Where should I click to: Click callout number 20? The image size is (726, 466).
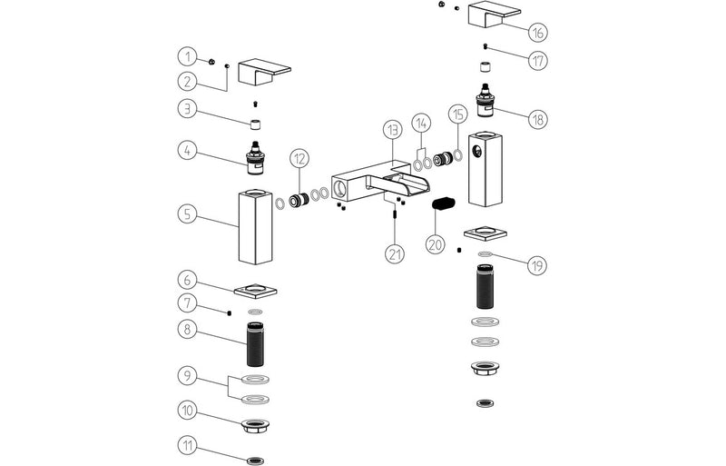(x=435, y=244)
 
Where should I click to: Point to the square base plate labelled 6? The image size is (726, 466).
(x=256, y=291)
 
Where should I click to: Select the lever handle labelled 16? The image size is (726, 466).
(x=494, y=15)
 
